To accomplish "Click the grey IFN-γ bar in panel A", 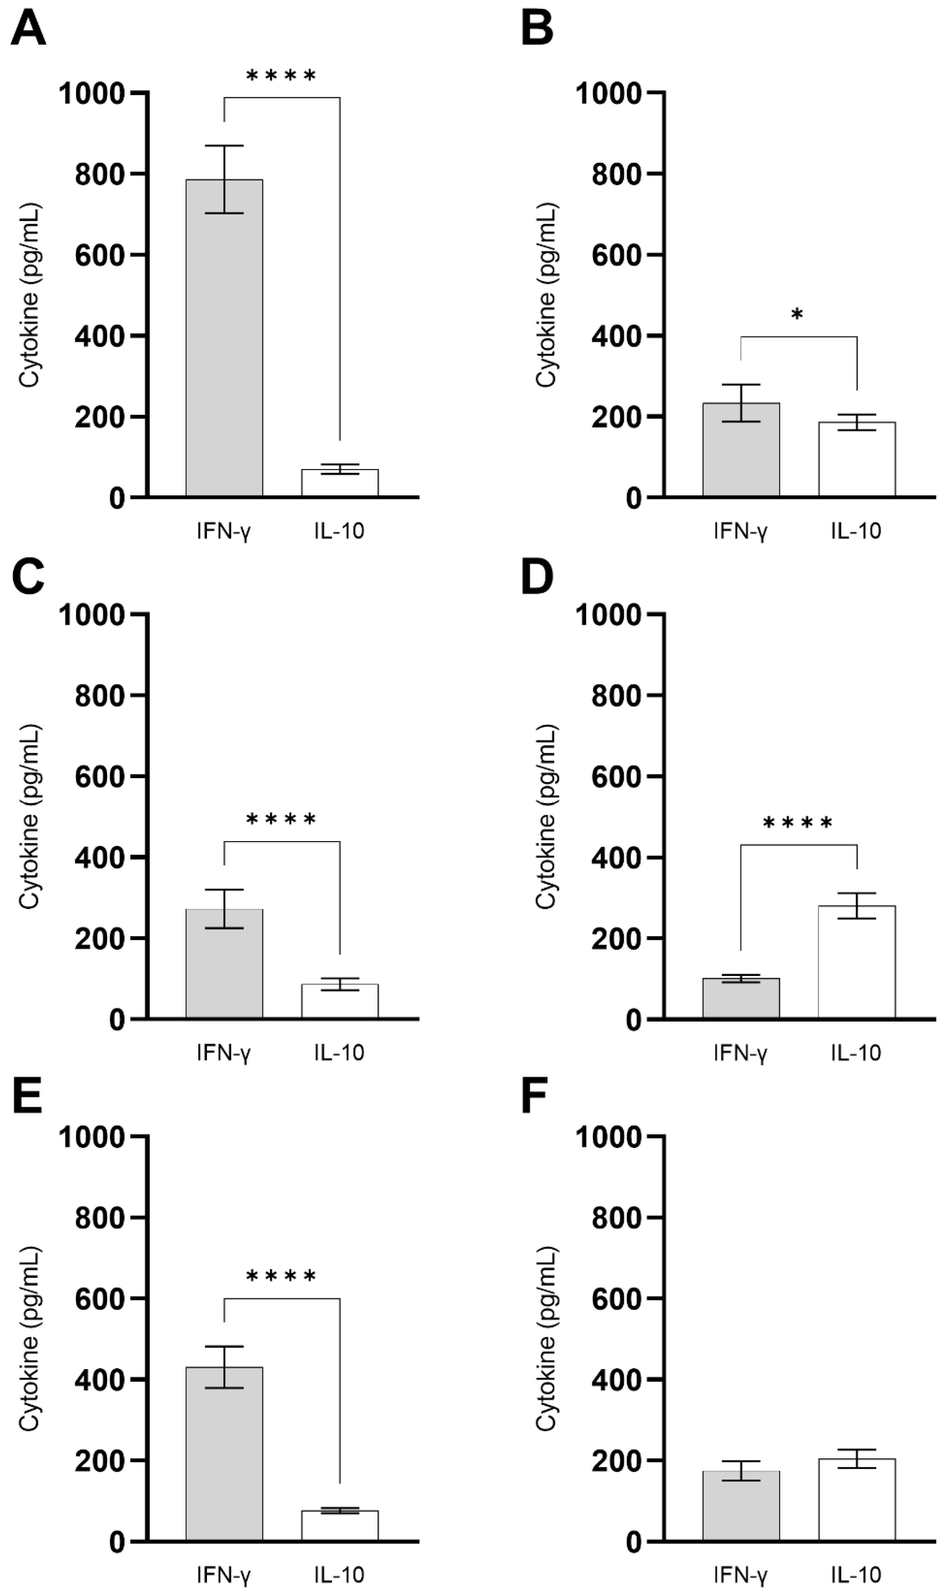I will [224, 339].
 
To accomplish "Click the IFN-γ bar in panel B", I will [741, 450].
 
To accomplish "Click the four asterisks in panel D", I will [798, 823].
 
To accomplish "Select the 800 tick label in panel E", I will [99, 1218].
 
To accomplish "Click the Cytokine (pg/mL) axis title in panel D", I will [546, 817].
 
